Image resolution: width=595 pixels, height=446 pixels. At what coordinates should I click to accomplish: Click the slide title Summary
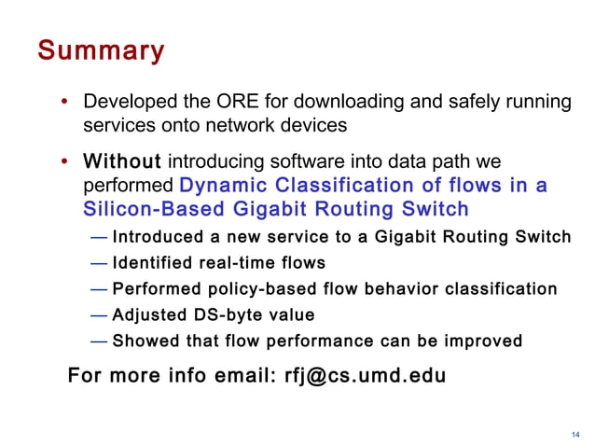pos(101,49)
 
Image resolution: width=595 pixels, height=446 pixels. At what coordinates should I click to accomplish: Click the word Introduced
pos(157,237)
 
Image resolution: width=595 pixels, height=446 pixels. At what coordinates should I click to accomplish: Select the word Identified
pos(150,263)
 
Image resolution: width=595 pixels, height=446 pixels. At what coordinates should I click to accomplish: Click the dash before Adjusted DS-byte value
pos(99,315)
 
